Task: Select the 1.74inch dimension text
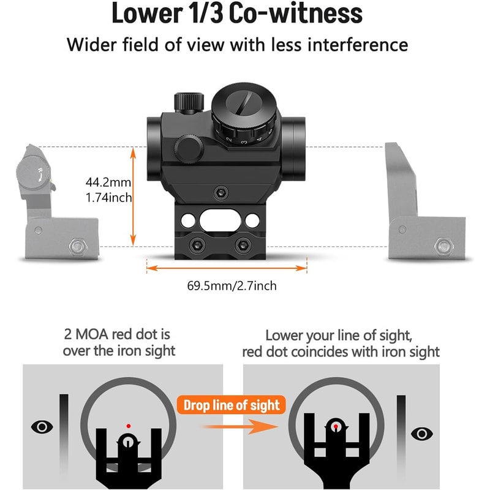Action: click(x=108, y=197)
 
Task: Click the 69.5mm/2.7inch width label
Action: click(x=227, y=285)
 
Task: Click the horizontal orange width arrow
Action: click(x=227, y=267)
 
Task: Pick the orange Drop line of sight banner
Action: click(x=232, y=405)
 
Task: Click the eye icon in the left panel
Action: click(x=41, y=427)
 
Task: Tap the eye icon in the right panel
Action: click(x=421, y=434)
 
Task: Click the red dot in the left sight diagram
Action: click(x=128, y=425)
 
